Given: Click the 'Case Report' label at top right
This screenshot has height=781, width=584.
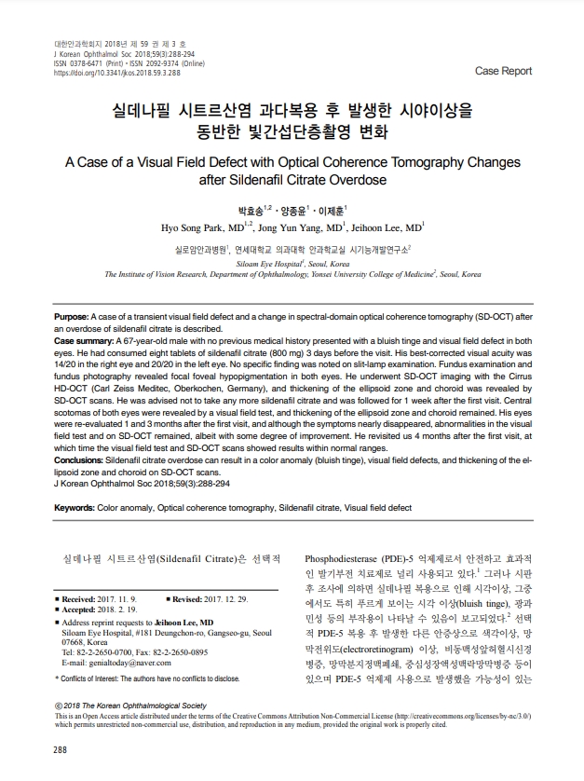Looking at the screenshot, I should click(x=503, y=71).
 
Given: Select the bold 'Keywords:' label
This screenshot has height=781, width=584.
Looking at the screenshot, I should click(x=81, y=508).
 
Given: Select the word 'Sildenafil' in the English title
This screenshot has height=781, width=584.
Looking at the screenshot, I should click(x=239, y=177).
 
